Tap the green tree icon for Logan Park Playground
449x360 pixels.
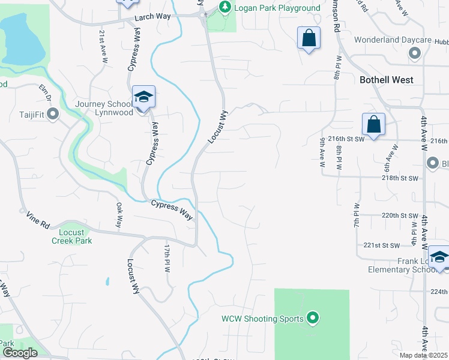pos(224,7)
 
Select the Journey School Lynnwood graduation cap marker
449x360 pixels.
pos(144,97)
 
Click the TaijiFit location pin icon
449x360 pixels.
pos(53,113)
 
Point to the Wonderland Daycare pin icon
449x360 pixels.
pos(414,54)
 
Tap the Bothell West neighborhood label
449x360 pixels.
pos(387,80)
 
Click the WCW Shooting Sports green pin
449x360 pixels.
pos(312,318)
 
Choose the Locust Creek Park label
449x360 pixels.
pos(76,236)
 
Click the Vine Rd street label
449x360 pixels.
pos(37,220)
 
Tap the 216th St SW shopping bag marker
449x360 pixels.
pos(373,125)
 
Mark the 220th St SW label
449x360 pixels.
pos(399,215)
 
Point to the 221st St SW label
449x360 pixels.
pos(382,245)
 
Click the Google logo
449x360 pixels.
pos(20,352)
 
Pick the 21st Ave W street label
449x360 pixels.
pos(103,47)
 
